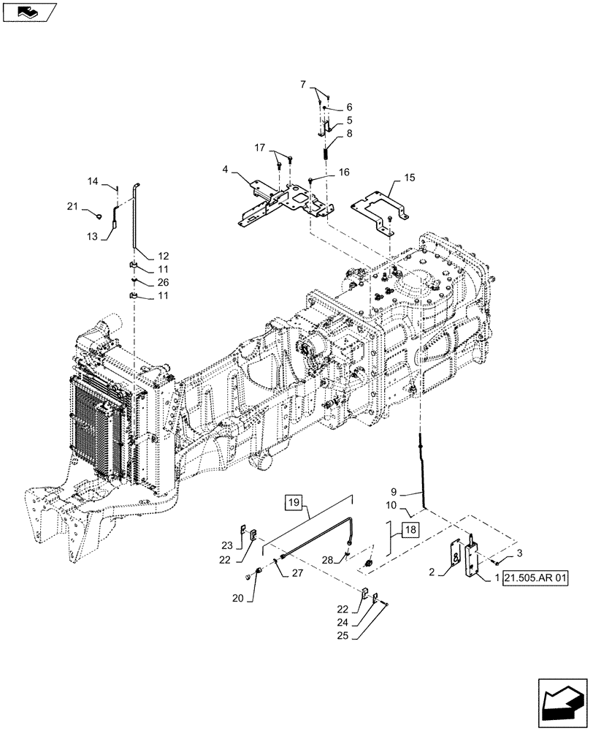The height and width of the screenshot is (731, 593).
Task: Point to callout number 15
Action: (x=409, y=178)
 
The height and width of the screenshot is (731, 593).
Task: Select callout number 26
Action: (x=162, y=283)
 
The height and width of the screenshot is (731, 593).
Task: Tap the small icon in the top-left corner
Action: (x=28, y=11)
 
